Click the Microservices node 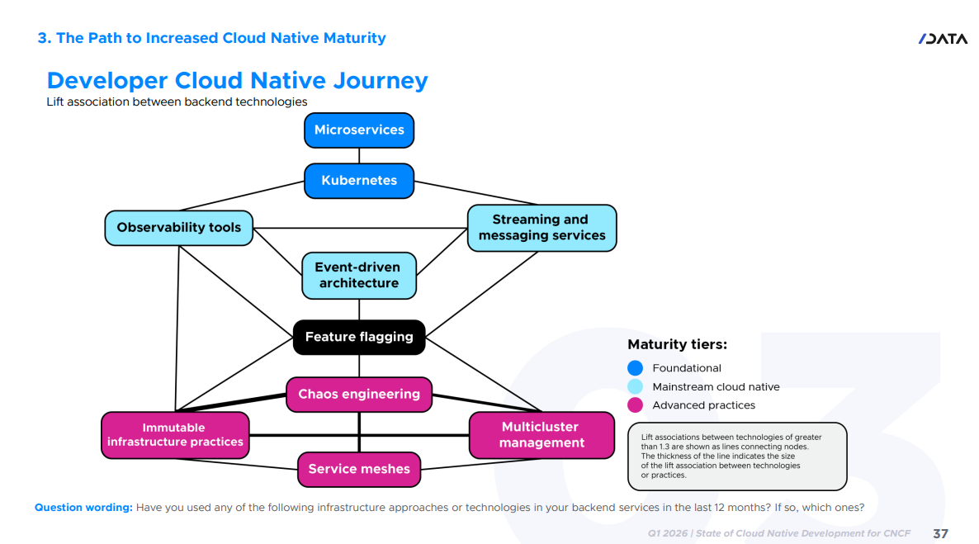359,130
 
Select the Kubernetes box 359,181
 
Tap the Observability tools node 178,228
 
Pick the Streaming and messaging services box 542,228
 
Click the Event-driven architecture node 359,276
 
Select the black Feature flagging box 359,338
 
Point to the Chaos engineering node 359,394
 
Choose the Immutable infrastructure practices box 175,435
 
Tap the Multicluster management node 542,435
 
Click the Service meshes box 359,469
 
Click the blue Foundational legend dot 635,368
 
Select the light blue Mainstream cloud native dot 635,386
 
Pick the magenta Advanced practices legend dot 635,405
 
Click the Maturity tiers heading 677,345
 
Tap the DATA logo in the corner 943,39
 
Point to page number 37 940,534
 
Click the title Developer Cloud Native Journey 237,81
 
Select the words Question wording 83,507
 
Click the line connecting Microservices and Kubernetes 359,155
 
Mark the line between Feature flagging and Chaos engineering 359,366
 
